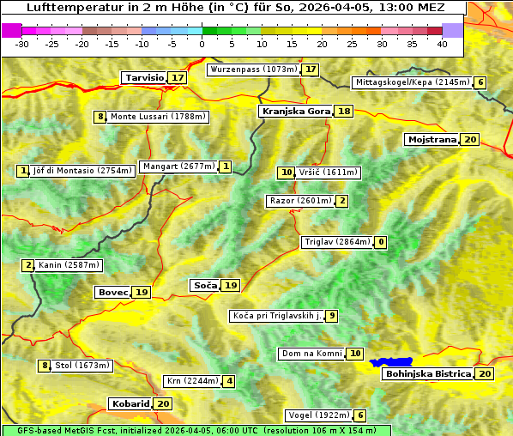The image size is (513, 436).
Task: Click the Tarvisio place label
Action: (x=144, y=78)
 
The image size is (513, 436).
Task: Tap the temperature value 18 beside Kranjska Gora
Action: (x=344, y=112)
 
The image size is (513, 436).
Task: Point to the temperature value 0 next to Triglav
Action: (x=381, y=243)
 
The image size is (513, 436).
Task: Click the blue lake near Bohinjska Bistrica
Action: (x=391, y=363)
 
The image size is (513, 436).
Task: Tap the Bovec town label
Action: (x=112, y=293)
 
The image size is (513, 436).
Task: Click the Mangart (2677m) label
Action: (x=178, y=167)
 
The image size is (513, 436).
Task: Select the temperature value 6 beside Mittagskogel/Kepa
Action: (x=481, y=83)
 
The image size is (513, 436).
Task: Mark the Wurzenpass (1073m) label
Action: (x=254, y=70)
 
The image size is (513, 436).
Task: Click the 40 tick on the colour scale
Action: (x=442, y=44)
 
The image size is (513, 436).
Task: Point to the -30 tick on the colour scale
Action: (x=22, y=44)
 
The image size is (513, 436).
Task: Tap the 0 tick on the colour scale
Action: (x=202, y=44)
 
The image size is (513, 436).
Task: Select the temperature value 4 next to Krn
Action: (x=229, y=381)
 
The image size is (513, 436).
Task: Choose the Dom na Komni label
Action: (x=311, y=354)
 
